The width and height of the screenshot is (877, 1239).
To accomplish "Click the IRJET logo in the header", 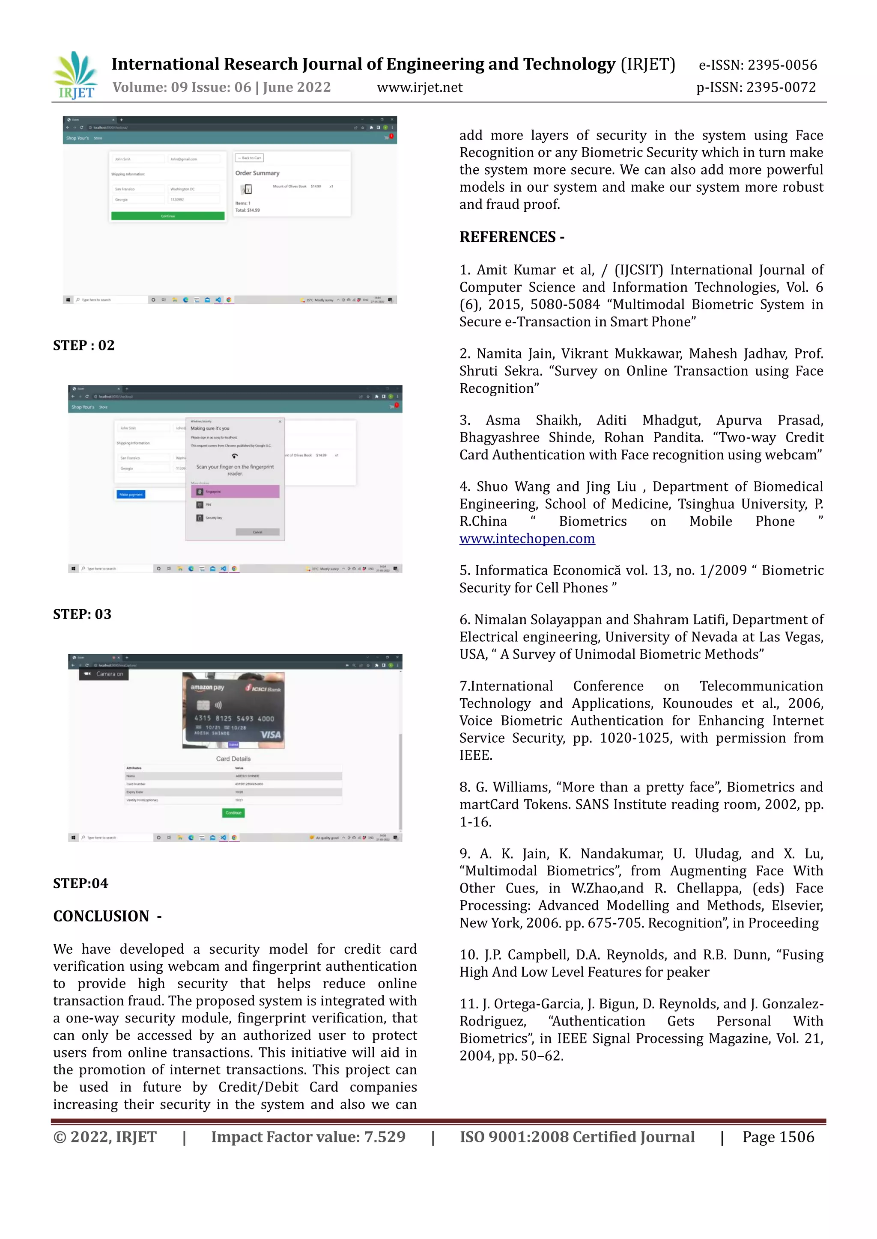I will coord(76,76).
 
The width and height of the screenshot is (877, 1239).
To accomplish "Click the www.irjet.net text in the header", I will coord(420,87).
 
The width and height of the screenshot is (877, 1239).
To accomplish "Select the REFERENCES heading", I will coord(511,237).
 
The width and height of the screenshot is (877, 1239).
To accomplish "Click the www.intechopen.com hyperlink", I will coord(527,539).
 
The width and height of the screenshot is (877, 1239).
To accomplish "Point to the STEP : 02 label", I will coord(84,345).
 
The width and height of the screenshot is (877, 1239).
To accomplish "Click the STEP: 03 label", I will coord(82,614).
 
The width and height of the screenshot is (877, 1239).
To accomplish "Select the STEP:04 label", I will coord(81,883).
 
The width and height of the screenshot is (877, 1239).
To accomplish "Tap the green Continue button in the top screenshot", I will coord(167,216).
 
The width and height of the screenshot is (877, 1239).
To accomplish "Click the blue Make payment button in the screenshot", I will coord(131,494).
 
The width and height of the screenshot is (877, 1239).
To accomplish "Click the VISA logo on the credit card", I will coord(271,735).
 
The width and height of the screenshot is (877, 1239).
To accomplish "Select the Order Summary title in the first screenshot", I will coord(257,173).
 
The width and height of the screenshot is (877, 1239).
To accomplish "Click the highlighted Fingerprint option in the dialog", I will coord(235,492).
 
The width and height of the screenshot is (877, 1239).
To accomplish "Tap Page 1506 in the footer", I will coord(778,1137).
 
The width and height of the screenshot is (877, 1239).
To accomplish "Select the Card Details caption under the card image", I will coord(233,759).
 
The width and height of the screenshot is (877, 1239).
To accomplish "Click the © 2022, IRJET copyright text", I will coord(105,1137).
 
